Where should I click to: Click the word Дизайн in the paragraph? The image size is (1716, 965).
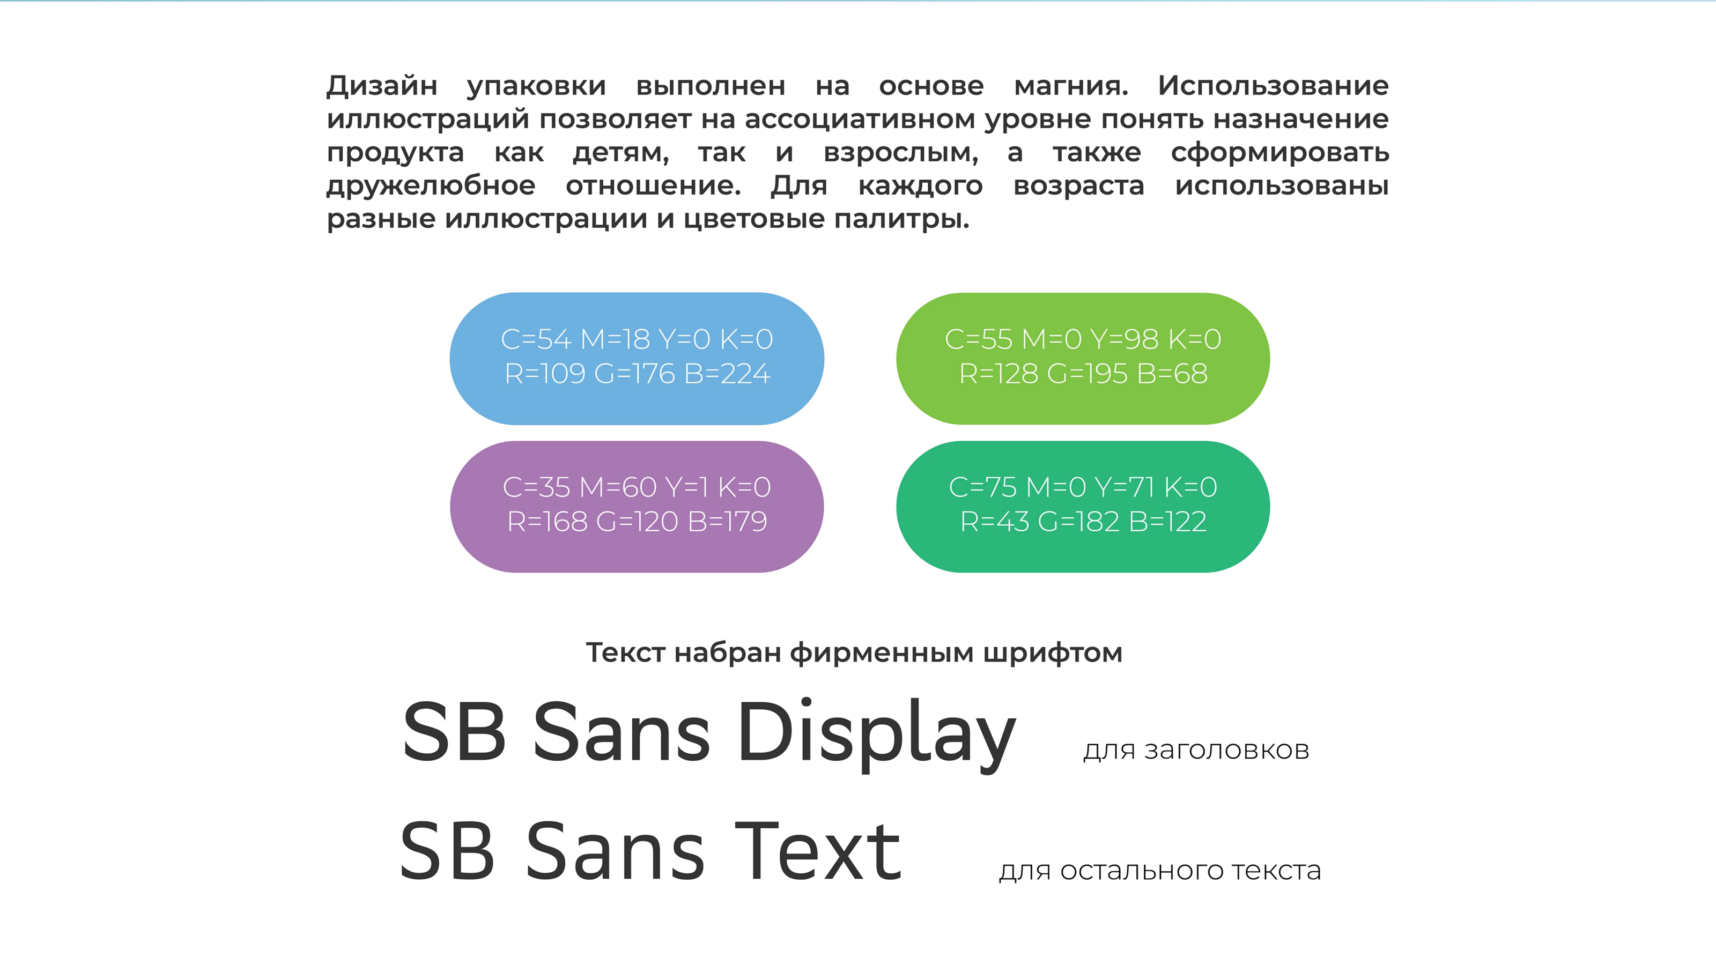click(382, 86)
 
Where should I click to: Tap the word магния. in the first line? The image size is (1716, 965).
click(1071, 86)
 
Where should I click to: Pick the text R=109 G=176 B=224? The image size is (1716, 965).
click(637, 374)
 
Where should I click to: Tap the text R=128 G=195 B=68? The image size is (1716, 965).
click(1083, 374)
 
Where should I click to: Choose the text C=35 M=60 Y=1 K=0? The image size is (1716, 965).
click(637, 487)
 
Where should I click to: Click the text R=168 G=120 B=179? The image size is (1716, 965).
click(637, 522)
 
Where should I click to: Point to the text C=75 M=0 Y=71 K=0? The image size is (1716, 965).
click(1083, 487)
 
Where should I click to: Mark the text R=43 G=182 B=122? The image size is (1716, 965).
click(1083, 522)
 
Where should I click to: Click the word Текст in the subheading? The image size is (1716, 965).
click(625, 654)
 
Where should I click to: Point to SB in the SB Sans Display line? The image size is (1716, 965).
click(454, 732)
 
